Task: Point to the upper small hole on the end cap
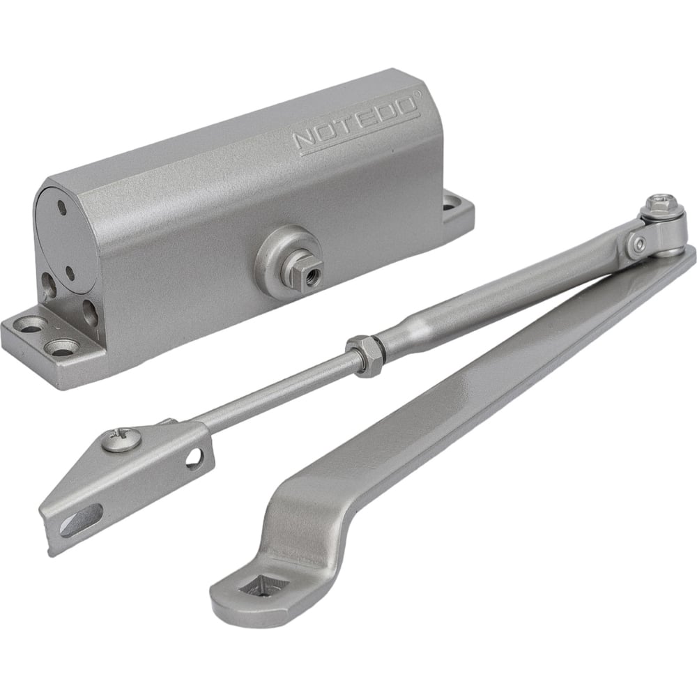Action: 62,207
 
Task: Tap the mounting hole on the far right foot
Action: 452,206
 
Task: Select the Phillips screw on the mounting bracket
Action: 122,440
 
